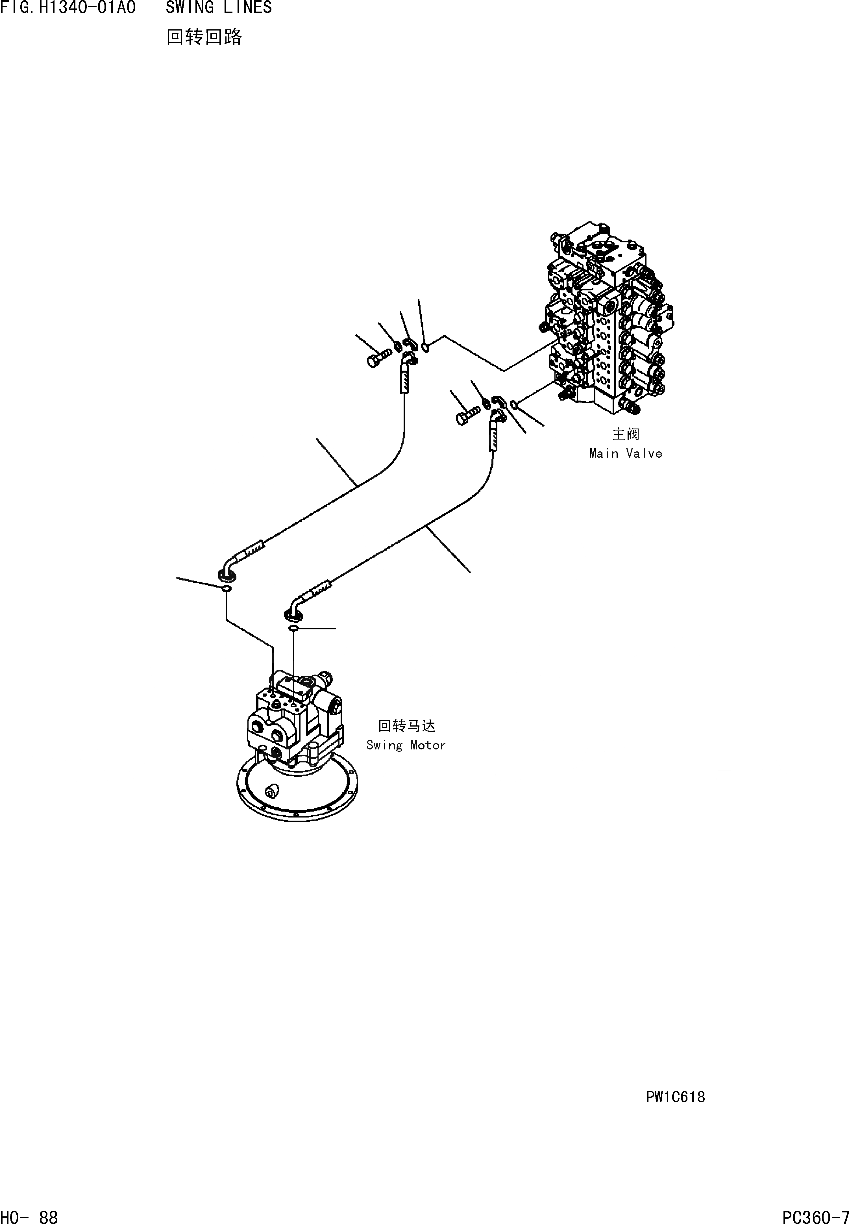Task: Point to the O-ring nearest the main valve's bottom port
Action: (x=514, y=406)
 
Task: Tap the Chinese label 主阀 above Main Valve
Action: (x=626, y=434)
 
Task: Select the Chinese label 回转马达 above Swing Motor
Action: (x=406, y=726)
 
